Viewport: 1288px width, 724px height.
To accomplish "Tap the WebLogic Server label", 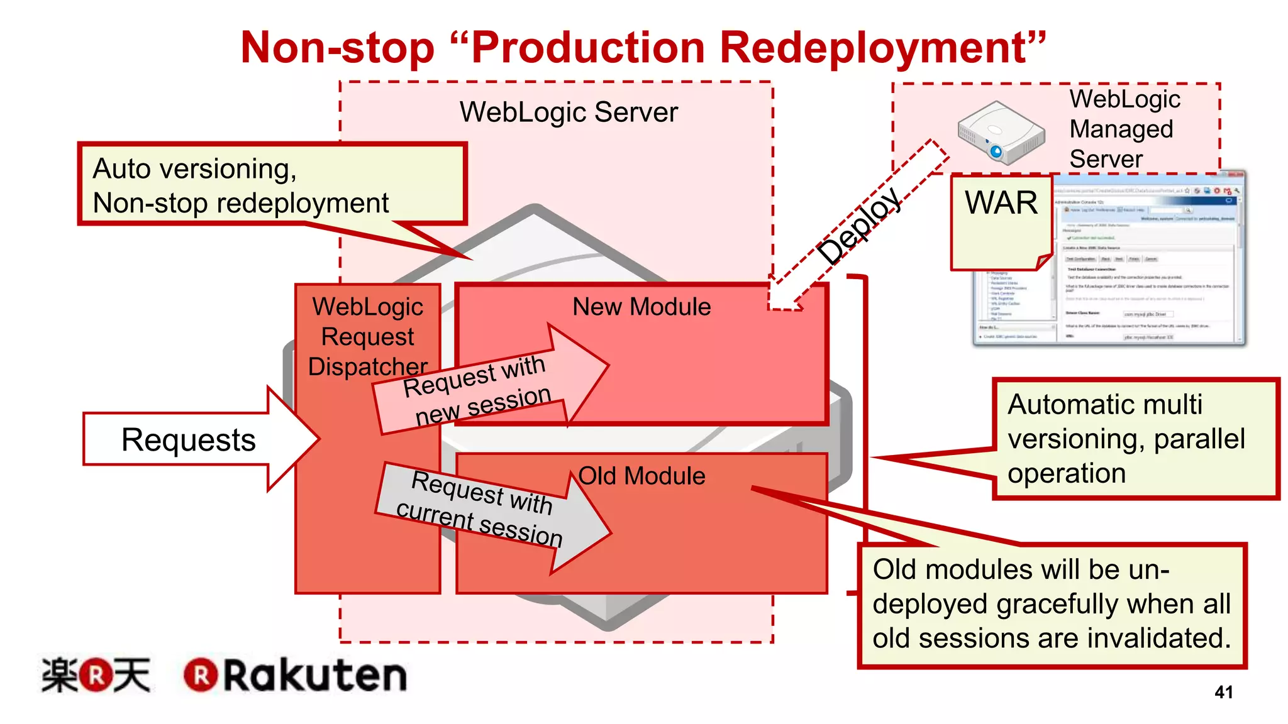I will [x=569, y=112].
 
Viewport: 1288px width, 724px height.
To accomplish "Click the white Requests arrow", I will [x=189, y=439].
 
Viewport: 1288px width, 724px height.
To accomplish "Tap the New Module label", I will [x=641, y=307].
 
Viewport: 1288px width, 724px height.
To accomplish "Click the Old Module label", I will [x=641, y=476].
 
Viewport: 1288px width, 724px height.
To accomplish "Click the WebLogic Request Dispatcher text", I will [x=368, y=337].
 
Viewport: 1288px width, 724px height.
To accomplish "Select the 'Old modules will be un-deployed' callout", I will [x=1052, y=604].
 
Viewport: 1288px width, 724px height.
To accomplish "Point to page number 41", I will [x=1223, y=692].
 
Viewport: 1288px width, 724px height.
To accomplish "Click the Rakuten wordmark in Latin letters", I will [x=314, y=676].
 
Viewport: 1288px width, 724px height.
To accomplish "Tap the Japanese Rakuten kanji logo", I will [x=96, y=676].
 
